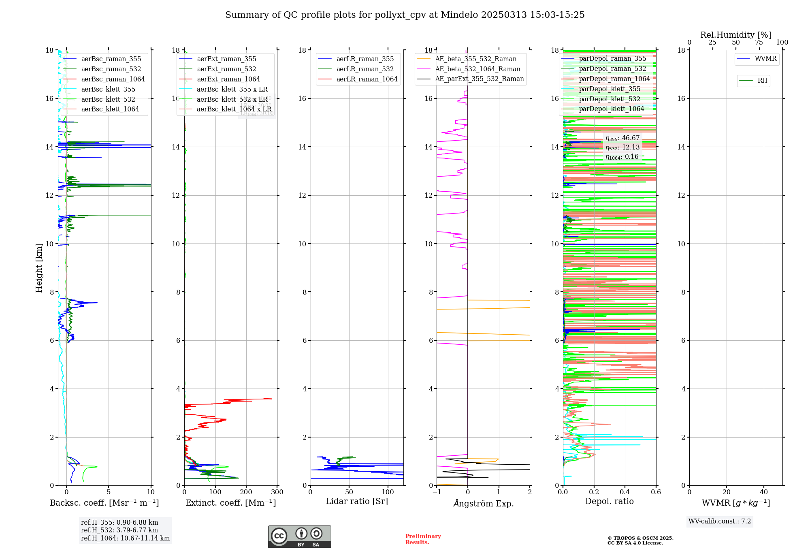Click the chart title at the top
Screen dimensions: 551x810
pos(405,15)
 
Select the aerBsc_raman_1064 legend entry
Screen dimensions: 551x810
pos(113,79)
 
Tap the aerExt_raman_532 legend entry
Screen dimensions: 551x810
pos(226,69)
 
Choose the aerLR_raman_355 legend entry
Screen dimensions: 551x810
pos(365,59)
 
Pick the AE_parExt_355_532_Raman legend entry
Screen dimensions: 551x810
pos(479,79)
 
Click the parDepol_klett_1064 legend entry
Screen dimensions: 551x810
pos(611,109)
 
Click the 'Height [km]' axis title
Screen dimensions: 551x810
pos(39,268)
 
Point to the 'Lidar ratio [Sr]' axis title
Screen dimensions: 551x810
pos(357,502)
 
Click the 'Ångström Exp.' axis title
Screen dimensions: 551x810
pos(483,504)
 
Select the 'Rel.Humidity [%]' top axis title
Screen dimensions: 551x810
pos(735,35)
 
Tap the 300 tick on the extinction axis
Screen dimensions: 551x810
pos(277,492)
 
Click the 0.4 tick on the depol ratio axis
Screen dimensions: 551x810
pos(625,492)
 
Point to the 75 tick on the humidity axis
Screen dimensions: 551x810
pos(759,43)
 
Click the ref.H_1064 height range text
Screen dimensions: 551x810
pos(125,538)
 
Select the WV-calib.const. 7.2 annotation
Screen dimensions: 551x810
pos(720,521)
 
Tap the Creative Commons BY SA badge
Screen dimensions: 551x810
pos(299,537)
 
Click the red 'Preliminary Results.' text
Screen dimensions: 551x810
pos(423,539)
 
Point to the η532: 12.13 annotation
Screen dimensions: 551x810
pos(622,147)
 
